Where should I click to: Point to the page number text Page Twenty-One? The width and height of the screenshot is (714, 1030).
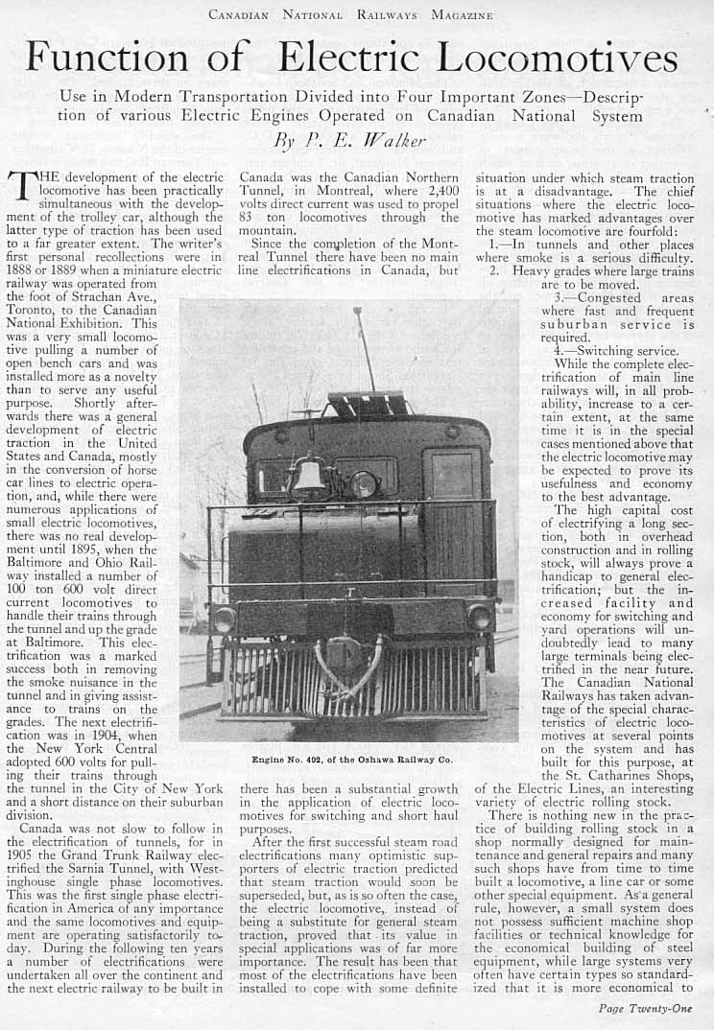coord(643,1008)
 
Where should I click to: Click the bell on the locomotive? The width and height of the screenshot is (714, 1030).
coord(309,477)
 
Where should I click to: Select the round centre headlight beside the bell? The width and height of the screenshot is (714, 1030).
coord(362,484)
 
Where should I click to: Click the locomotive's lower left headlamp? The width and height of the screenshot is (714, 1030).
coord(225,619)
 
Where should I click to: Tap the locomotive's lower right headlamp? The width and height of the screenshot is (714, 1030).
coord(479,618)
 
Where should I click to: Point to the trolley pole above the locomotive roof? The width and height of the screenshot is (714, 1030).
coord(366,350)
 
